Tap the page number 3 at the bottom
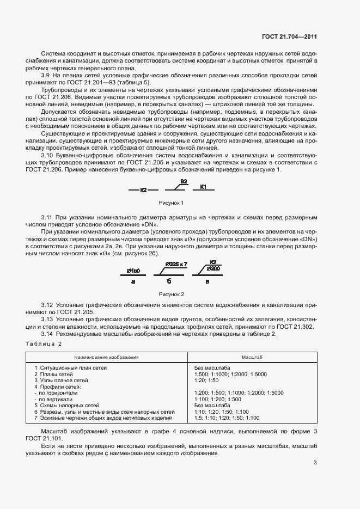pos(315,463)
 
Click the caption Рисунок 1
pos(171,203)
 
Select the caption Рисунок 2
pos(171,294)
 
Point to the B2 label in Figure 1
pos(184,181)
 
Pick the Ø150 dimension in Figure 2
pos(133,271)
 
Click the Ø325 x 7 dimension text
pos(175,264)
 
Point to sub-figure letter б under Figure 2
pos(169,281)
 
